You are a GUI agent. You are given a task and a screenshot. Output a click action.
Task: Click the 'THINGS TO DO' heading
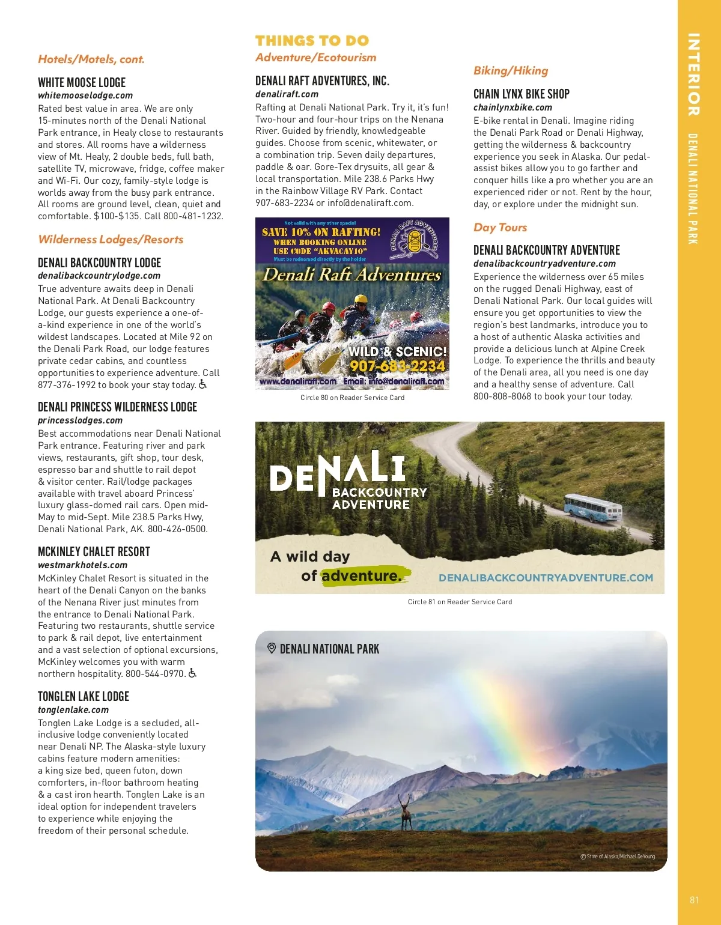click(x=312, y=41)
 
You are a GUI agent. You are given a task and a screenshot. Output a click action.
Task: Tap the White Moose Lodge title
click(x=82, y=83)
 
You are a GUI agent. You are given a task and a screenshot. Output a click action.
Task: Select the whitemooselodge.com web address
click(x=85, y=96)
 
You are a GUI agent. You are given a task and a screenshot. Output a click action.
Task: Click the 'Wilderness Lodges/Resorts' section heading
click(x=111, y=240)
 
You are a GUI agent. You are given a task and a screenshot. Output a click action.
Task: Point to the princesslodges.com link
click(x=80, y=420)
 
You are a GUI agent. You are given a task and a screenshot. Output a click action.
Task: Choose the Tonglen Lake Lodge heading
click(x=84, y=697)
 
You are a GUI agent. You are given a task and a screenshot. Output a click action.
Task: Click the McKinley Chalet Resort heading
click(x=94, y=552)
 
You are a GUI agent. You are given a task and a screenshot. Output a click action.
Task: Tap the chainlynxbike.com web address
click(x=513, y=108)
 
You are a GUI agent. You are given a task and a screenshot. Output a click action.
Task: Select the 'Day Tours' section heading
click(x=500, y=228)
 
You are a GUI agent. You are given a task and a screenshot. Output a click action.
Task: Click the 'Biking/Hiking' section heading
click(x=511, y=71)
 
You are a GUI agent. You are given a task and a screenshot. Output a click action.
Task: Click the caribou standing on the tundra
click(x=406, y=811)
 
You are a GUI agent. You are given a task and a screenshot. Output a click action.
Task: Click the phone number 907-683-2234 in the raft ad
click(x=397, y=366)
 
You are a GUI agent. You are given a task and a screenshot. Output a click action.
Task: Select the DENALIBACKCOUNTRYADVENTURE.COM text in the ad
click(x=546, y=578)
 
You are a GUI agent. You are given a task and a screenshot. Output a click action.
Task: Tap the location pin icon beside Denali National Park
click(x=272, y=649)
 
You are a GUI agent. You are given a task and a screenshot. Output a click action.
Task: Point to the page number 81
click(x=695, y=900)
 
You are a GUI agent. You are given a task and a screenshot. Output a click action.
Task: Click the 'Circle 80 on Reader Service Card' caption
click(x=352, y=398)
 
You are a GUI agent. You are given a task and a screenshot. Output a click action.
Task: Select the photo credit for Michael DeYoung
click(x=618, y=857)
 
